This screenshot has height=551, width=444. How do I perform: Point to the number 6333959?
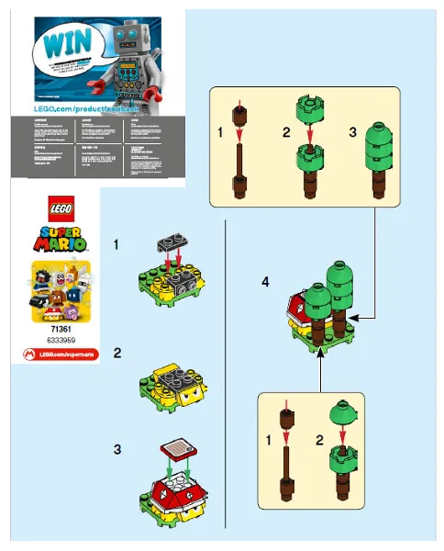click(45, 337)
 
